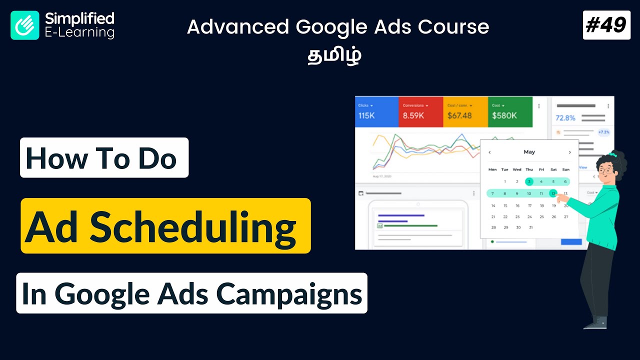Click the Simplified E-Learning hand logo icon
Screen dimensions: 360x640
click(x=25, y=25)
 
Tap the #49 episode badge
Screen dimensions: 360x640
click(x=606, y=25)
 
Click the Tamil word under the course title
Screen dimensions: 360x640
click(x=334, y=55)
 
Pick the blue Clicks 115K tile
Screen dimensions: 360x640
click(x=376, y=112)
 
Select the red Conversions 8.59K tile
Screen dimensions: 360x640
click(x=420, y=112)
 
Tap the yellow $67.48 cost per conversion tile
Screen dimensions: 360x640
click(x=465, y=112)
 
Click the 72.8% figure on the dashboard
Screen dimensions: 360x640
click(x=565, y=118)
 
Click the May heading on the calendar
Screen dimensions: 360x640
click(x=529, y=152)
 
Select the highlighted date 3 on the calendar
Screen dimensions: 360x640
click(x=529, y=181)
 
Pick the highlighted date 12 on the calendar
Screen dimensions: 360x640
click(x=553, y=193)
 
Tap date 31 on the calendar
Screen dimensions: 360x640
click(x=529, y=227)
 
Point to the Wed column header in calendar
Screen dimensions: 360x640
click(x=517, y=169)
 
